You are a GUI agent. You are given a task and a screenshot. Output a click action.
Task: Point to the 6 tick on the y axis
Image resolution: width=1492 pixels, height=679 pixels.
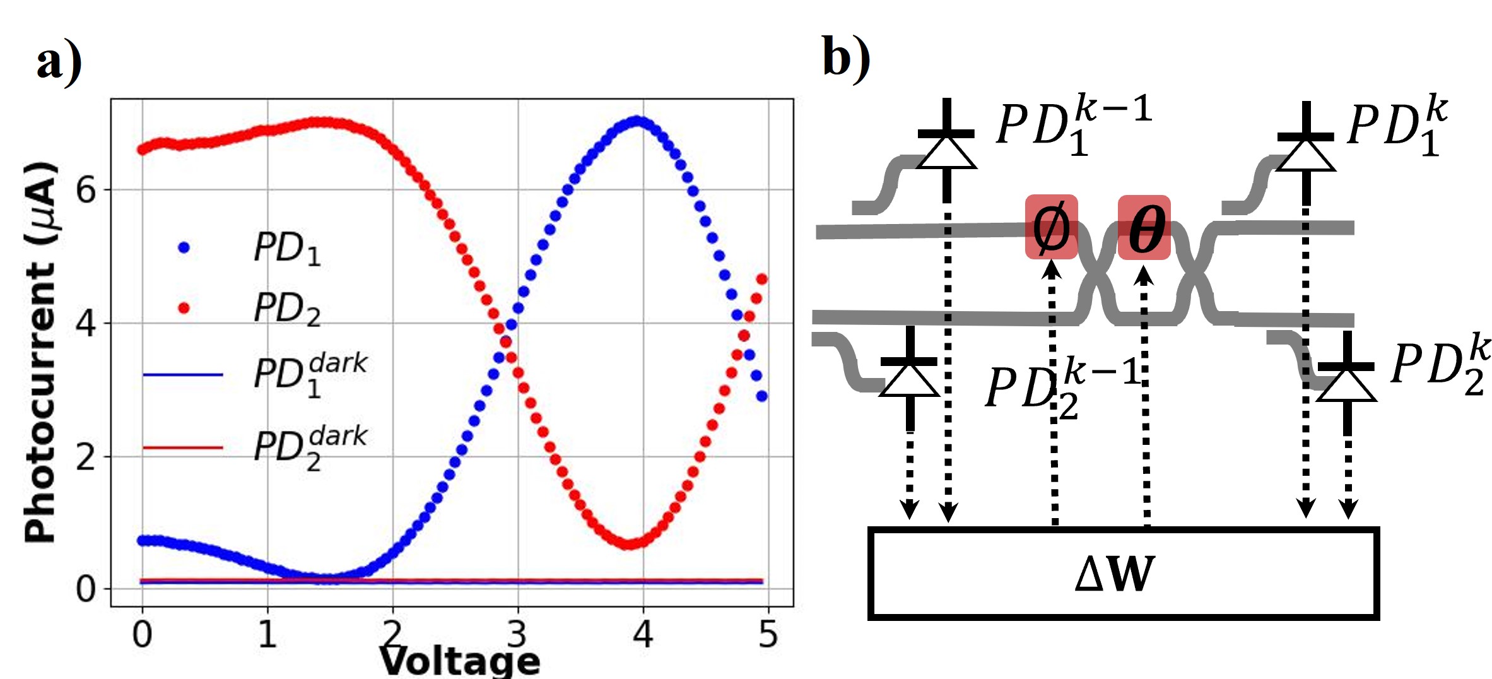(x=86, y=189)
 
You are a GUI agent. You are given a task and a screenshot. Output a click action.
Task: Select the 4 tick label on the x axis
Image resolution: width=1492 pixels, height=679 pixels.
(x=643, y=634)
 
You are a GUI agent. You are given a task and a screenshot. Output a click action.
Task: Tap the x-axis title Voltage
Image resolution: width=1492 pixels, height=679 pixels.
(x=459, y=661)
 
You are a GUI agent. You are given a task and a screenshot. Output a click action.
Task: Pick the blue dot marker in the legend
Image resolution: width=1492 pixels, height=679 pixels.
(x=184, y=247)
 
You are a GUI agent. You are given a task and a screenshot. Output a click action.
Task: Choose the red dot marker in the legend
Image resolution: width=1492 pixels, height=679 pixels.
(x=184, y=308)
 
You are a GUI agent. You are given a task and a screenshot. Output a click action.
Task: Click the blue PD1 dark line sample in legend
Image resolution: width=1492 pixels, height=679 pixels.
(x=183, y=375)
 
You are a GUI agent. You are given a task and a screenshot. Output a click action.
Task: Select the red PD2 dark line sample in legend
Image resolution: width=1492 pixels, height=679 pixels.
(x=183, y=448)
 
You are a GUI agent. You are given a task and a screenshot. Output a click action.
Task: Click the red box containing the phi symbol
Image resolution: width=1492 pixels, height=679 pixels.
(x=1051, y=227)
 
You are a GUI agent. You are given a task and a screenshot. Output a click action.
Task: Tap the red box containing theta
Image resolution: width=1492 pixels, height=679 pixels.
(x=1144, y=227)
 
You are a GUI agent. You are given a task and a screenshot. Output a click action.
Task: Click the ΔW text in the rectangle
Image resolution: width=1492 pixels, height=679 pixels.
(x=1114, y=574)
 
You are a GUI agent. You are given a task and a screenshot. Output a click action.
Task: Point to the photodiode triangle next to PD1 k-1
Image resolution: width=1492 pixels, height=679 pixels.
(x=946, y=153)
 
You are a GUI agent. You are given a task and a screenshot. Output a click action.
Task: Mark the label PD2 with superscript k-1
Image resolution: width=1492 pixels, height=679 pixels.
(x=1062, y=386)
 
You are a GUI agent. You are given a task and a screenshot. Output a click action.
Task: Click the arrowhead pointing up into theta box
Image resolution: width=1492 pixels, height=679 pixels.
(x=1144, y=275)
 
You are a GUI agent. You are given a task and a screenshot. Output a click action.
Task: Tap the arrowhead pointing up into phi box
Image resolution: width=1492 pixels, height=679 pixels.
(x=1051, y=269)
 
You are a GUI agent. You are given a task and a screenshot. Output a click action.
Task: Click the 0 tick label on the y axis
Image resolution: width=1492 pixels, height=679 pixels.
(x=86, y=589)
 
